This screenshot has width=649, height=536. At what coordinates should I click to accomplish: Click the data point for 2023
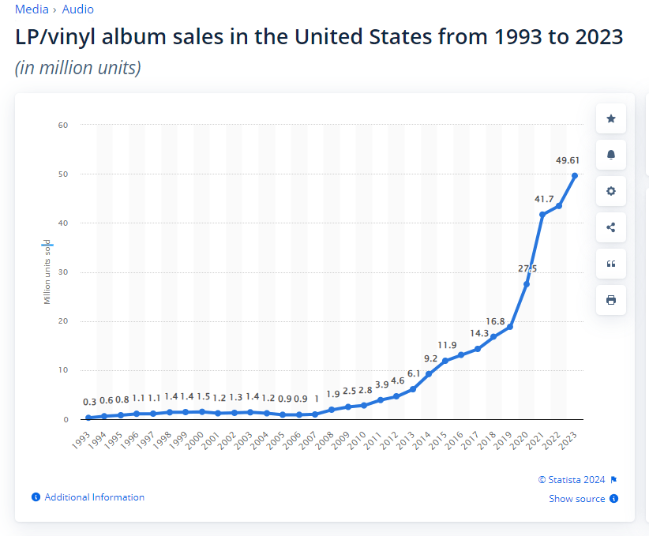[575, 175]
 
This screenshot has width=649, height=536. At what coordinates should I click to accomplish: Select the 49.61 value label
[568, 160]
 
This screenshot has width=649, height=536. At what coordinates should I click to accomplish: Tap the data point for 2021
[542, 215]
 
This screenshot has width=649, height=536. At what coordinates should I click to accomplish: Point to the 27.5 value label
[527, 268]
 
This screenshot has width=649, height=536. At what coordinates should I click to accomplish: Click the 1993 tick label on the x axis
[81, 440]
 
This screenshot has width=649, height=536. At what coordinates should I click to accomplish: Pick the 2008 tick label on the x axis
[324, 440]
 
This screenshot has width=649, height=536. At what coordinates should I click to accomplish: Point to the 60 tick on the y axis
[63, 125]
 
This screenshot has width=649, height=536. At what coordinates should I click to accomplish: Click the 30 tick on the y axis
[63, 272]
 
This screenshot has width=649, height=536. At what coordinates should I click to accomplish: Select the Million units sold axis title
[47, 272]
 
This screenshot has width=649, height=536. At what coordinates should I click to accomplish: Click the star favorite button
[611, 118]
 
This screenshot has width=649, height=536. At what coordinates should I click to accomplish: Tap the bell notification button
[611, 155]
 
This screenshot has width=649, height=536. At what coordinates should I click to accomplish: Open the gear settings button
[611, 191]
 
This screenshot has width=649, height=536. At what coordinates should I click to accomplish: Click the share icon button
[611, 227]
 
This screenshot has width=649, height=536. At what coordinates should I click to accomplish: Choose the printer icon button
[611, 300]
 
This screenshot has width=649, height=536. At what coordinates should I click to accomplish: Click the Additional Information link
[94, 497]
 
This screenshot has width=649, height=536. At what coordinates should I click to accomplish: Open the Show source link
[577, 499]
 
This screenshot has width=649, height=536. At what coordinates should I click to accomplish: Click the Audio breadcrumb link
[77, 9]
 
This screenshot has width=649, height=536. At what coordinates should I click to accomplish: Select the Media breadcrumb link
[32, 9]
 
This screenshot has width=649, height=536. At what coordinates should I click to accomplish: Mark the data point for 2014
[429, 373]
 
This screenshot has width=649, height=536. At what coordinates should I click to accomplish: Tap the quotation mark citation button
[611, 264]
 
